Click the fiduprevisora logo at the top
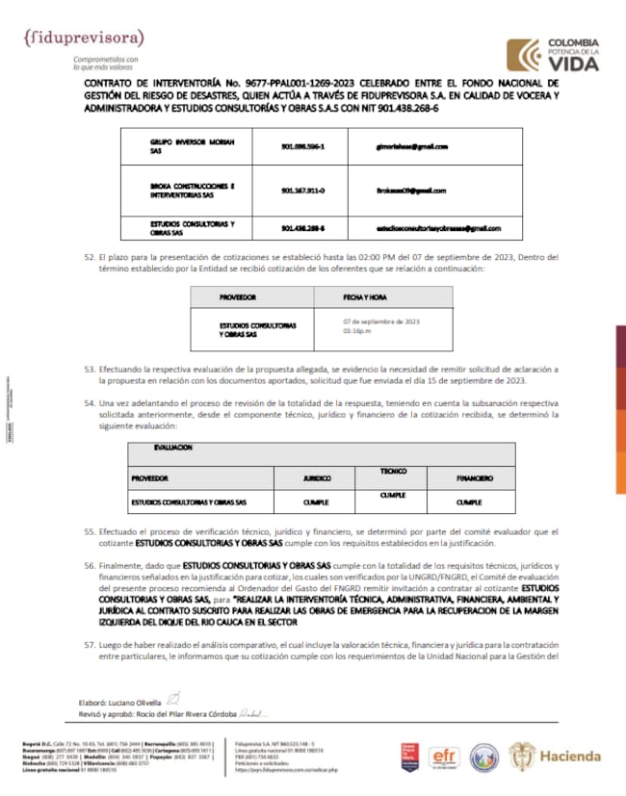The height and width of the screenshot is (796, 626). [x=84, y=39]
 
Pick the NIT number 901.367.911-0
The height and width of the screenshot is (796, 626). [x=303, y=190]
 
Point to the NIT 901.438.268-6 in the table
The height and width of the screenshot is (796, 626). [x=303, y=228]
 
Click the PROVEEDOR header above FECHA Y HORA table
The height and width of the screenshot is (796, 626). [x=238, y=297]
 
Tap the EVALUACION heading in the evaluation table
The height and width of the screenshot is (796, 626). [x=172, y=449]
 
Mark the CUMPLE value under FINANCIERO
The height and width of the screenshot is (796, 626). [x=469, y=502]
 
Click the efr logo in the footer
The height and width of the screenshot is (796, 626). [x=446, y=756]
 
